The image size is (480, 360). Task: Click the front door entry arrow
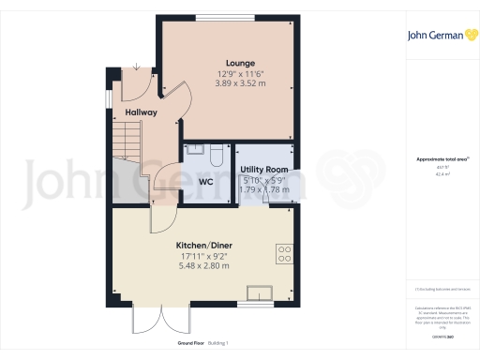(137, 67)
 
